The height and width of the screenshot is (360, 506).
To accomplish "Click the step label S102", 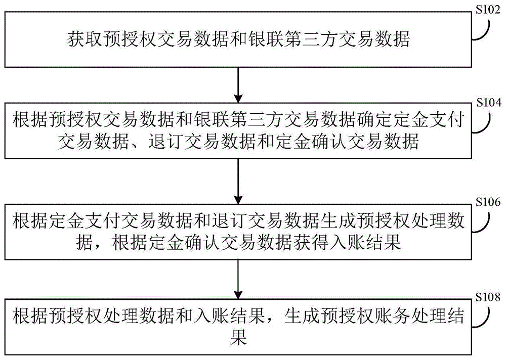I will (x=489, y=9).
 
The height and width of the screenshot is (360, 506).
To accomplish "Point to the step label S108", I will (x=489, y=295).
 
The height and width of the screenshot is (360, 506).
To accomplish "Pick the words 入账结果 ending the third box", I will (x=375, y=244).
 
